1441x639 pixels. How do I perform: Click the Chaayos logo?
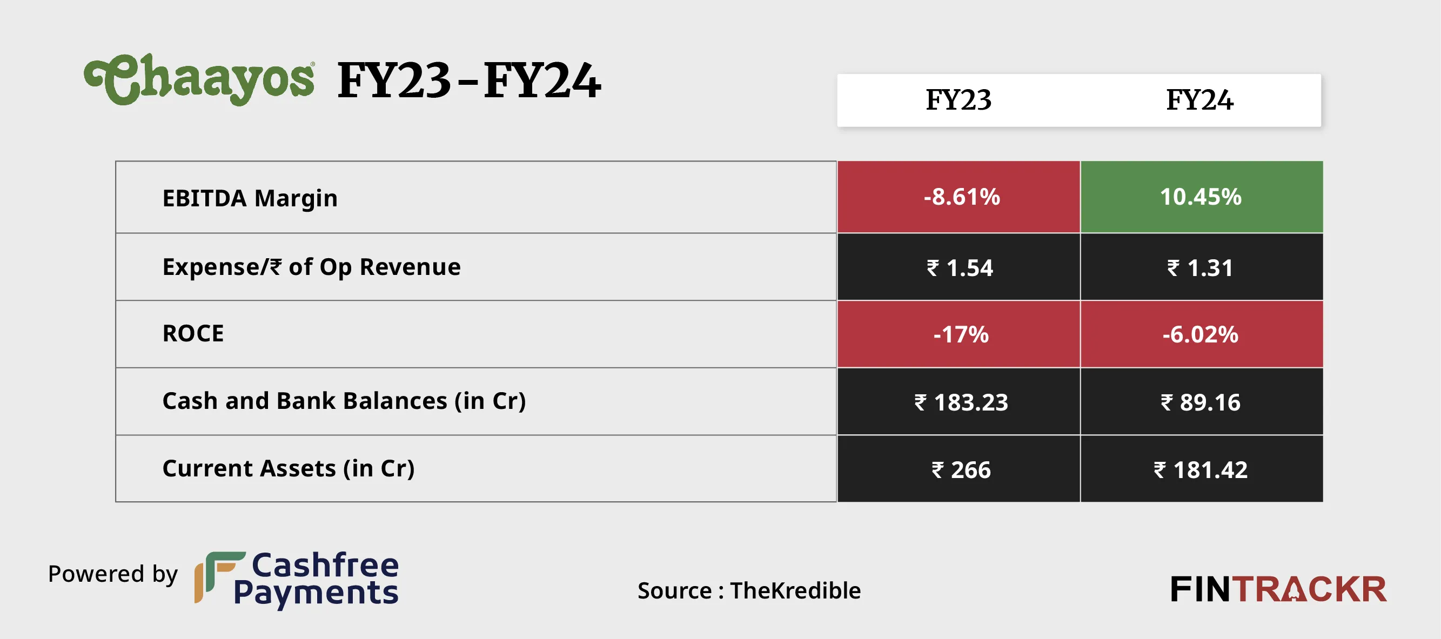pos(199,79)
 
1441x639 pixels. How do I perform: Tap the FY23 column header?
pos(959,100)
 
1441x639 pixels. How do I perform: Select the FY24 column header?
pos(1199,100)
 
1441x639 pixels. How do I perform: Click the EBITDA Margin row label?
pos(250,198)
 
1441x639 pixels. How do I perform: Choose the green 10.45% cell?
pos(1201,197)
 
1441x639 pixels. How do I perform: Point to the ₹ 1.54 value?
pos(960,268)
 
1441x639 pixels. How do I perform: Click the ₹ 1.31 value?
pos(1200,268)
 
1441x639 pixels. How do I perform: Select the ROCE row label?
pos(193,334)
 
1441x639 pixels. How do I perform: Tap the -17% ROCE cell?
pos(961,334)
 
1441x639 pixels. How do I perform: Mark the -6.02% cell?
pos(1201,334)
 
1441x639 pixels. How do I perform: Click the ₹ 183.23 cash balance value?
pos(961,402)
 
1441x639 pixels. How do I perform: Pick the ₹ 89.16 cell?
pos(1201,402)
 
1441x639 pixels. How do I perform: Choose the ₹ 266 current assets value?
pos(961,469)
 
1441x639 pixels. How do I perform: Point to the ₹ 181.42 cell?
pos(1201,469)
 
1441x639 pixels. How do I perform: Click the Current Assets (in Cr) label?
pos(288,468)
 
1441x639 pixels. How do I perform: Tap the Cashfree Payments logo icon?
pos(219,577)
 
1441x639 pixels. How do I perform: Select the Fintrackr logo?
pos(1278,589)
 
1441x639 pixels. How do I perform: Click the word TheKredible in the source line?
pos(795,590)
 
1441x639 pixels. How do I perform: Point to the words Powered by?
pos(112,574)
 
